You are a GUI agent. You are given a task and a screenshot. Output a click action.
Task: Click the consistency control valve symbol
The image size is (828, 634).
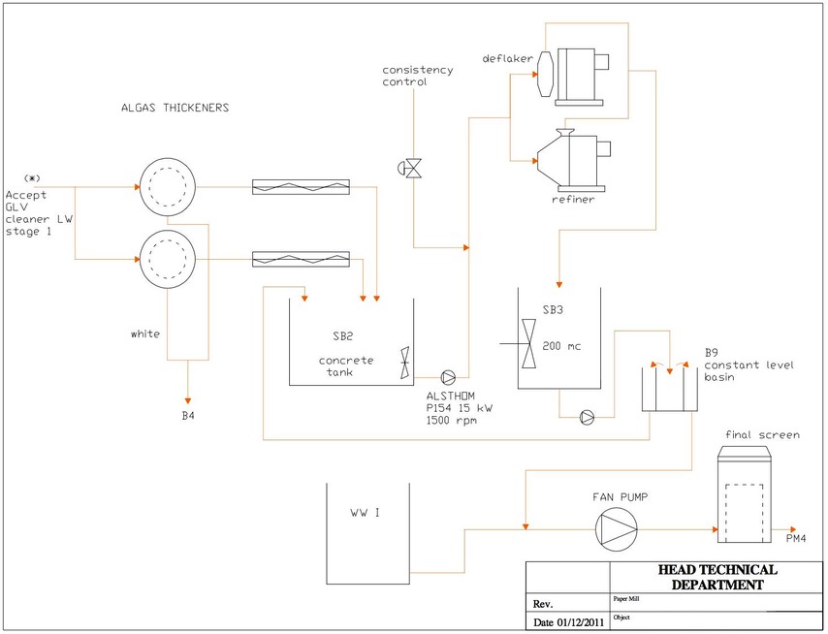410,169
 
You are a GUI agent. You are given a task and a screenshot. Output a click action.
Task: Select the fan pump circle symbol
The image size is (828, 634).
617,529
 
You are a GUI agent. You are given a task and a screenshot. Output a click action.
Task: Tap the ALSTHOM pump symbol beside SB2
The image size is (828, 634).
448,377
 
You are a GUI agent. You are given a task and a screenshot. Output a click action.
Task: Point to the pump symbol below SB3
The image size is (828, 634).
587,418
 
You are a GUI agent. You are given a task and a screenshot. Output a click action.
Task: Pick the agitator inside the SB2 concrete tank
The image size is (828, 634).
404,363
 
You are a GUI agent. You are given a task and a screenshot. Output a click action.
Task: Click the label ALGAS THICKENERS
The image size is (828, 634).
175,108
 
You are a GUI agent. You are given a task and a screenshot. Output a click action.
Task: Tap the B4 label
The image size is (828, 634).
188,416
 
